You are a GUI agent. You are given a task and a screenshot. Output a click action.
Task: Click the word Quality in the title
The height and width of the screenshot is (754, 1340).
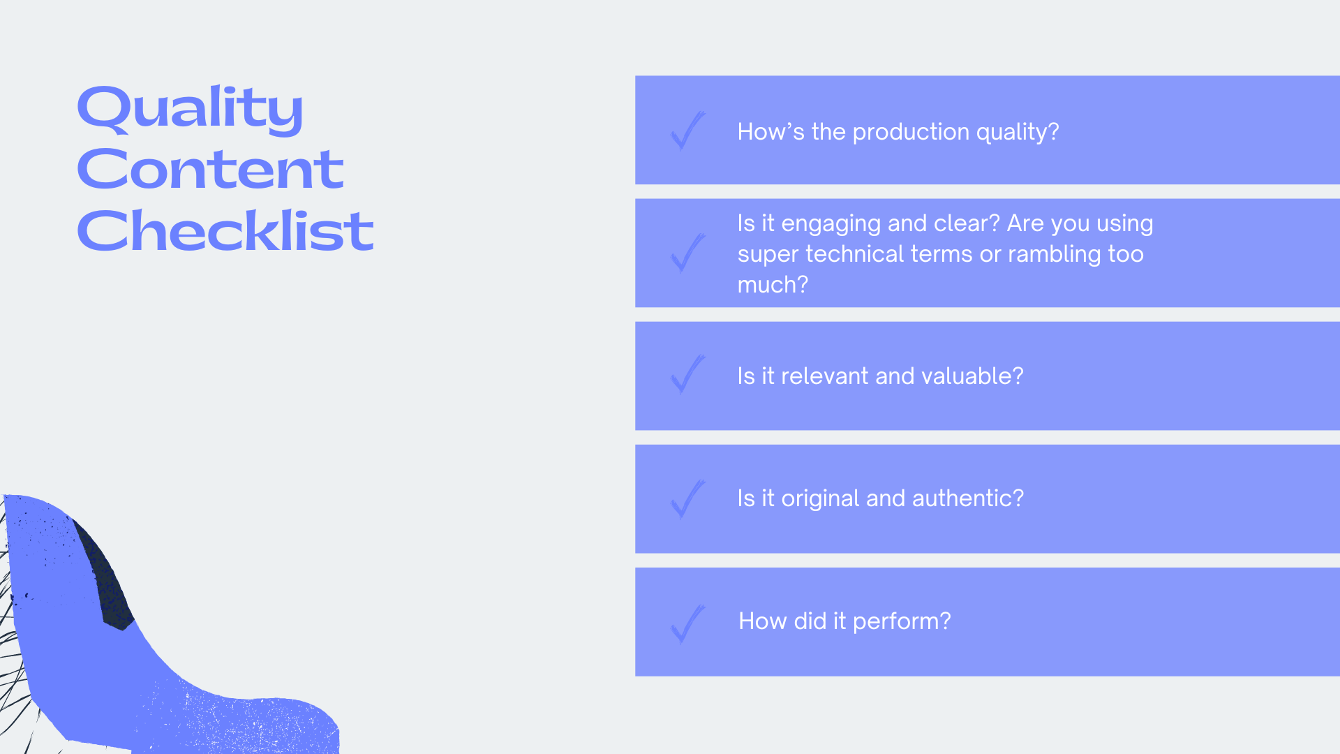click(x=190, y=109)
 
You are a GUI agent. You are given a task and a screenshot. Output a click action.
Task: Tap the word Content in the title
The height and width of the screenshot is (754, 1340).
click(x=210, y=170)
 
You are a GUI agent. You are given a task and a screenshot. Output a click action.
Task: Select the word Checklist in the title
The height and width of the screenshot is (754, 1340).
click(x=225, y=230)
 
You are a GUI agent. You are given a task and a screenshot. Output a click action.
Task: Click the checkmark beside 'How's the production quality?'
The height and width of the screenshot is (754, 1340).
click(x=687, y=131)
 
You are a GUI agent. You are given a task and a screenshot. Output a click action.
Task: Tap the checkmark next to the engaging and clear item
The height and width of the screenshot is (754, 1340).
click(x=687, y=253)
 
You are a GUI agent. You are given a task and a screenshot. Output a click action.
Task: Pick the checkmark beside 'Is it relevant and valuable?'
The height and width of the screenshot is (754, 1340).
click(x=687, y=376)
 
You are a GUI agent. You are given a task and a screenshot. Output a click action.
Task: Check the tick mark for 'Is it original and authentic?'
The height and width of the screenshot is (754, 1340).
click(x=687, y=499)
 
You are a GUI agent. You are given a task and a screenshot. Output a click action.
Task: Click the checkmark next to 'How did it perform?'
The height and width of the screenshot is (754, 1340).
click(x=687, y=623)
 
